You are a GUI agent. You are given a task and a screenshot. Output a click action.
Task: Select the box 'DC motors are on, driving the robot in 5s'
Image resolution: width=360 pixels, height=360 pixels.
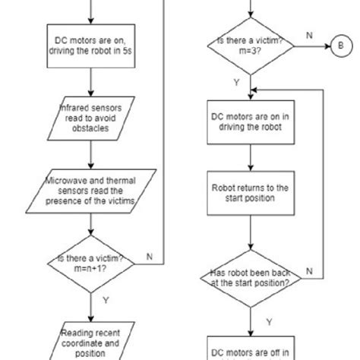tap(90, 46)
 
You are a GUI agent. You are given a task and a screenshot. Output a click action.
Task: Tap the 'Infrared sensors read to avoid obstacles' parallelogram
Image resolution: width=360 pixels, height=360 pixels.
tap(90, 118)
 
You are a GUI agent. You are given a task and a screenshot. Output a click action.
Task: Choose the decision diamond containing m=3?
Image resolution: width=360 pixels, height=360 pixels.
tap(251, 46)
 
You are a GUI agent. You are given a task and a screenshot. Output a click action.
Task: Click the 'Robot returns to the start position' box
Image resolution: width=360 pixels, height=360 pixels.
tap(251, 194)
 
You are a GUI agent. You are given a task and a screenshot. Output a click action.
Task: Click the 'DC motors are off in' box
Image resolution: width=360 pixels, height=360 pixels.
tap(251, 349)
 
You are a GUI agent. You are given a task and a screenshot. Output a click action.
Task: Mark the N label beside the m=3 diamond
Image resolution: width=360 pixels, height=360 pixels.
tap(308, 35)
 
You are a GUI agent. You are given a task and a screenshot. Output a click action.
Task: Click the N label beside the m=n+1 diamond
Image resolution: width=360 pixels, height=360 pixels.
tap(149, 257)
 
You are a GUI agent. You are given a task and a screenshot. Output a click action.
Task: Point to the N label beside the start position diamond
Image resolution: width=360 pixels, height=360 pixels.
tap(308, 270)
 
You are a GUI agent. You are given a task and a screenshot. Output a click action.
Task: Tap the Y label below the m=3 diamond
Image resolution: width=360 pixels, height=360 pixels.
tap(236, 81)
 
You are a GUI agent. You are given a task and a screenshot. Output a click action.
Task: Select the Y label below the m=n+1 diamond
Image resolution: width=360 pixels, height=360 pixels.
tap(106, 300)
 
